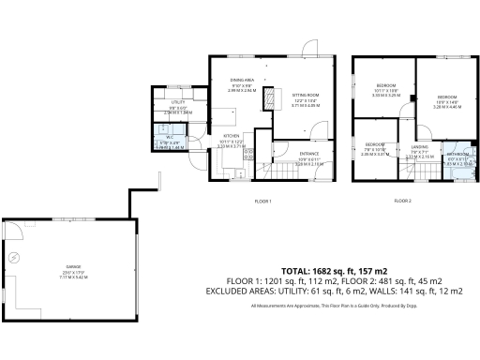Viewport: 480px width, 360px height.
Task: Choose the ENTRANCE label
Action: click(309, 152)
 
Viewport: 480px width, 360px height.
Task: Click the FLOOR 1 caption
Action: click(262, 202)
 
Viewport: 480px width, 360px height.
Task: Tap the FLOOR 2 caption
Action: click(403, 202)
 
